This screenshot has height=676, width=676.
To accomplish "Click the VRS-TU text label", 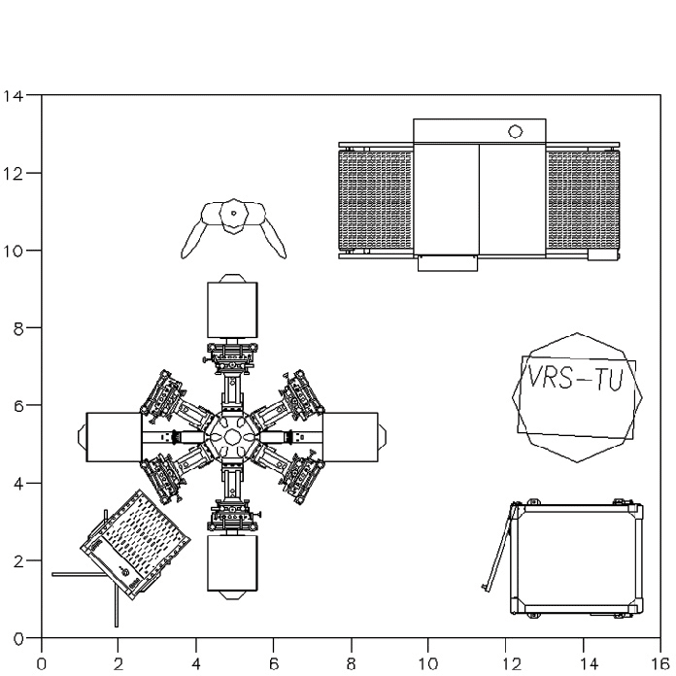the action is (x=576, y=379).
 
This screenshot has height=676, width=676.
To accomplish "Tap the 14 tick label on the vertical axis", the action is (x=13, y=95).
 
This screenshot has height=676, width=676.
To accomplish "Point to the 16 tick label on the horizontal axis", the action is (x=659, y=664).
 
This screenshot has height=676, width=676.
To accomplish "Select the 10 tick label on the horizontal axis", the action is (x=428, y=664).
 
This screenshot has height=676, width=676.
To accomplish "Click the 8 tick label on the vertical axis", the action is (x=18, y=329).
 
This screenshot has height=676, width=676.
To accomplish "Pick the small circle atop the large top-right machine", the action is (x=515, y=131).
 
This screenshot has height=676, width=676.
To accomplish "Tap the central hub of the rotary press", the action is (x=232, y=437).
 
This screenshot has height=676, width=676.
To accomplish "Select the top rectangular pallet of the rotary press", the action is (x=232, y=310).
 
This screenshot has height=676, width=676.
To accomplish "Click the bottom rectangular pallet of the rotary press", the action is (x=232, y=563).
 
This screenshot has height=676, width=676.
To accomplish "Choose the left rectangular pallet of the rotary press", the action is (x=115, y=437).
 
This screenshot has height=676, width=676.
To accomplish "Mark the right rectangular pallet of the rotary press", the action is (x=350, y=437).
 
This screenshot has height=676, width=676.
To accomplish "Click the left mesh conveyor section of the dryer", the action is (x=376, y=200).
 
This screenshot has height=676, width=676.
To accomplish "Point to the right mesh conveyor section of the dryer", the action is (x=583, y=200).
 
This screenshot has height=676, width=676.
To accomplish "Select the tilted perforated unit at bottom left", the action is (x=135, y=545).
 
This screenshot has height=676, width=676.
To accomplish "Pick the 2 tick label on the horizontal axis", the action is (x=118, y=664).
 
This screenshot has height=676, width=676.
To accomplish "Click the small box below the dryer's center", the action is (x=448, y=263).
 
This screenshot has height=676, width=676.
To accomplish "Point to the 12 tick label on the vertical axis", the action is (x=13, y=173).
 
